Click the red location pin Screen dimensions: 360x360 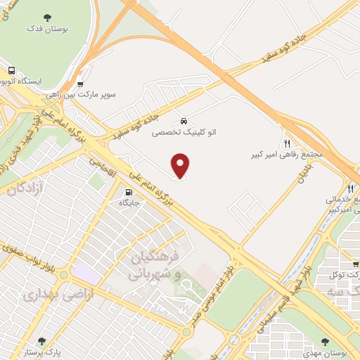[x=181, y=165]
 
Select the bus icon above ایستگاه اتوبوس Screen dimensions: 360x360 [x=12, y=71]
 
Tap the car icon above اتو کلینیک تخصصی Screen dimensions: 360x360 [x=184, y=120]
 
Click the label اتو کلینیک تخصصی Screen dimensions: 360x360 [x=184, y=131]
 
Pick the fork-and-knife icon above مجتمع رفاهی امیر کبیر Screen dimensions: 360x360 [x=286, y=141]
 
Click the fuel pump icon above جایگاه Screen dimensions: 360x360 [x=128, y=192]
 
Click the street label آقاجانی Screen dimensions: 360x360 [x=103, y=165]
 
